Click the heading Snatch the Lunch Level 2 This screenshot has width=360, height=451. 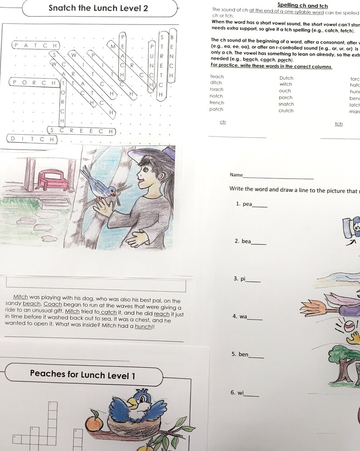(98, 8)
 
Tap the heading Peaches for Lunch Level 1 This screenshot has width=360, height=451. (83, 375)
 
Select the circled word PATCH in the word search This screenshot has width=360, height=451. (35, 45)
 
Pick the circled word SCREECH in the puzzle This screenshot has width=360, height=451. (82, 131)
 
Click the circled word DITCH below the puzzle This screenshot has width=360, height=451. (32, 139)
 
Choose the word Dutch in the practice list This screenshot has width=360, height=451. (286, 78)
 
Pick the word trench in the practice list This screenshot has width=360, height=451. (217, 102)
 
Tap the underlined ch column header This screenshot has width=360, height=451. (223, 122)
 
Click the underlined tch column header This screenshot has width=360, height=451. (339, 124)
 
